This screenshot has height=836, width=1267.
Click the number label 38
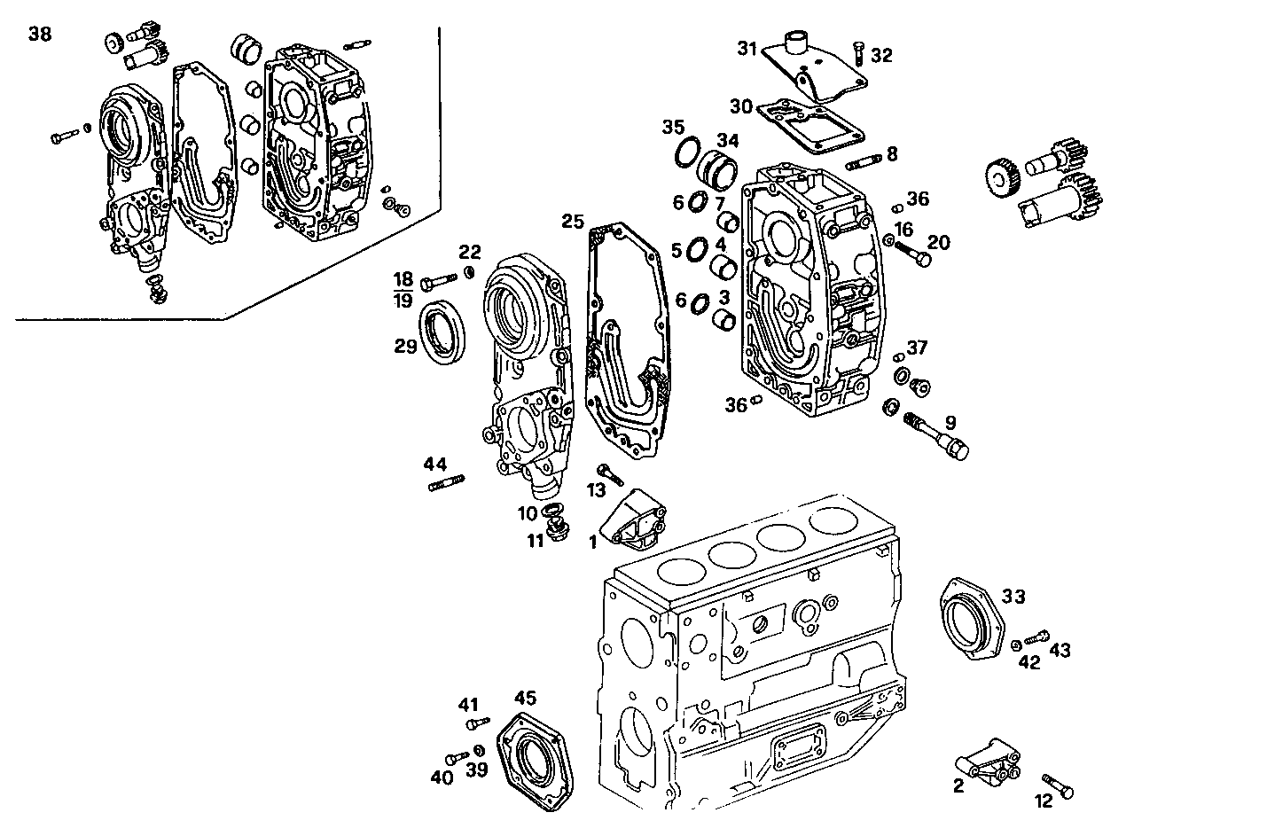coord(40,35)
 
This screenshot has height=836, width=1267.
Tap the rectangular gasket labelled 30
coord(809,125)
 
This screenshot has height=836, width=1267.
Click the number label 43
coord(1060,650)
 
